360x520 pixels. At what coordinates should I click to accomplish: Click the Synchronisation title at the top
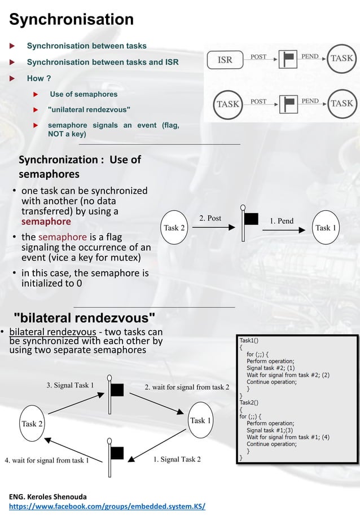71,20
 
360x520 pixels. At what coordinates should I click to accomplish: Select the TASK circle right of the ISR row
341,59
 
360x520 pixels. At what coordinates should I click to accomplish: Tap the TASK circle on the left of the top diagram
228,104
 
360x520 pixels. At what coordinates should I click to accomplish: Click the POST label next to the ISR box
258,57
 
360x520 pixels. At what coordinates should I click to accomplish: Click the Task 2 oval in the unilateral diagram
174,228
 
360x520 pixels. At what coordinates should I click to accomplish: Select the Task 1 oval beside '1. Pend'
326,228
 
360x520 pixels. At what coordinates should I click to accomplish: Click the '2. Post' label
210,218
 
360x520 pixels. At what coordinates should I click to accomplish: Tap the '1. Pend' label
282,221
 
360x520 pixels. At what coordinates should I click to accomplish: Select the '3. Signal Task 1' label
70,386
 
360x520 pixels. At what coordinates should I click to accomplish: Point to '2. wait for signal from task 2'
187,387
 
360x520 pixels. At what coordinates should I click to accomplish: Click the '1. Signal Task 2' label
177,459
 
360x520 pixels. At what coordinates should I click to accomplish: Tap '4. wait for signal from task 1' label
47,460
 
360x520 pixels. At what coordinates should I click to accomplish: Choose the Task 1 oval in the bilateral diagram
200,421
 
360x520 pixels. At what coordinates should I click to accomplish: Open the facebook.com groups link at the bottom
107,506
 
